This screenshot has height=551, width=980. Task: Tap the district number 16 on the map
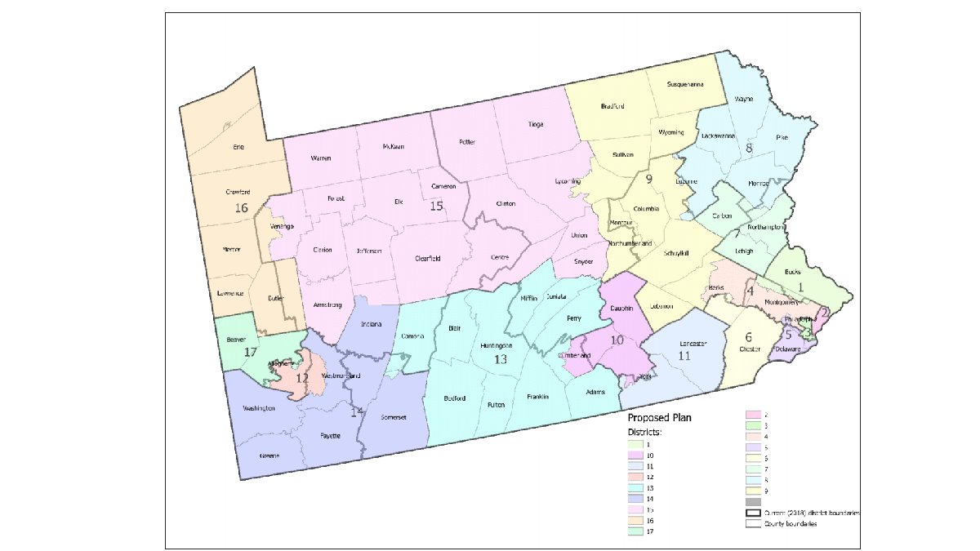241,208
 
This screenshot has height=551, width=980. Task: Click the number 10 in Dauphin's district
618,340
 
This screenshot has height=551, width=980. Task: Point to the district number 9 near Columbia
650,180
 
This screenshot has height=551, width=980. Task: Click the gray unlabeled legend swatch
753,501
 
